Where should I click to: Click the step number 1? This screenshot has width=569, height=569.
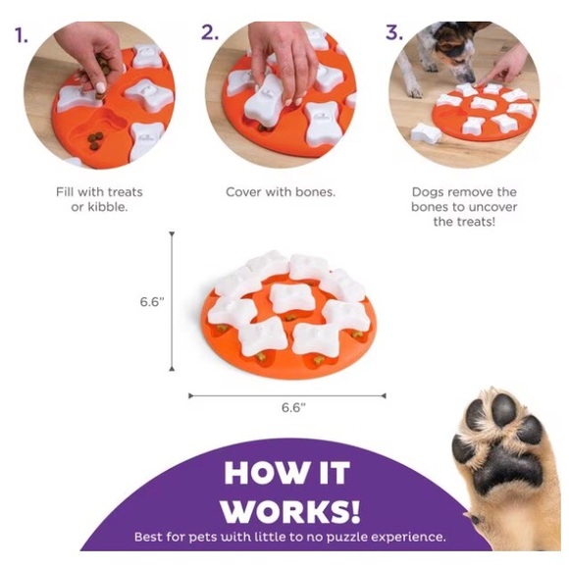click(22, 35)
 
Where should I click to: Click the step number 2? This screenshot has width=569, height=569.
click(210, 32)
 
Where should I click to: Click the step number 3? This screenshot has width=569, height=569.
click(394, 32)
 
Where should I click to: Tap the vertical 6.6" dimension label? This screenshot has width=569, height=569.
click(152, 301)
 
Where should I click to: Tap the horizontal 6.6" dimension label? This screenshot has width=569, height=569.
click(293, 407)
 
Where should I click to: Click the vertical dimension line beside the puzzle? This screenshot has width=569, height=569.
click(172, 301)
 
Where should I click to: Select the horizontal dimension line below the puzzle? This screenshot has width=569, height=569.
click(287, 395)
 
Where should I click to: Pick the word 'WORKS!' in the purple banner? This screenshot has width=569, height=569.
click(291, 511)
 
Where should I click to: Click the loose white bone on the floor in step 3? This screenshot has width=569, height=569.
click(426, 133)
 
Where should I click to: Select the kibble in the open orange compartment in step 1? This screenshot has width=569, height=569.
click(95, 141)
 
